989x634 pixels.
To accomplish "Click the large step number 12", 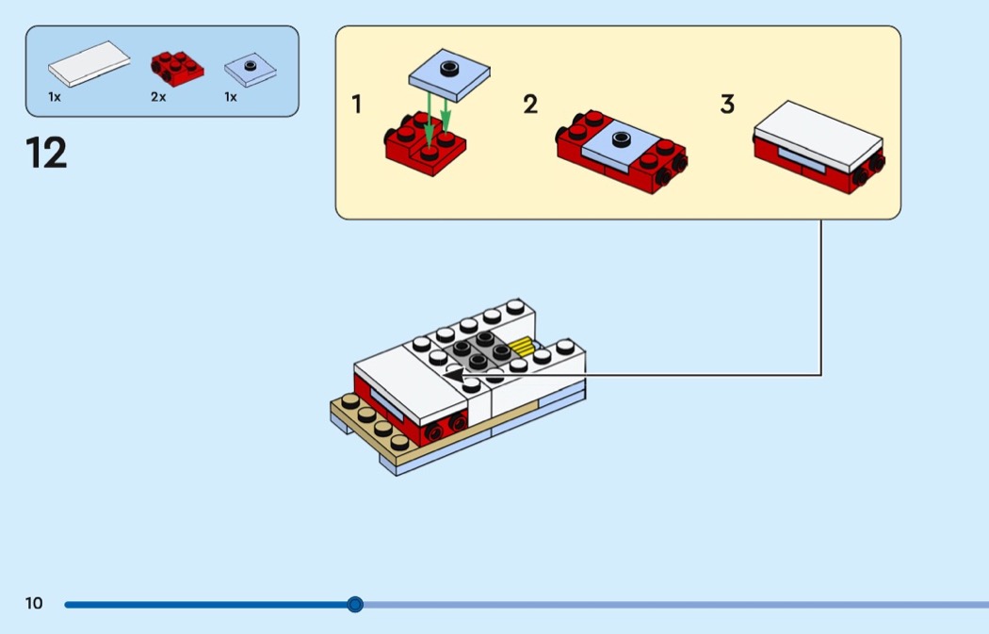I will click(x=47, y=153).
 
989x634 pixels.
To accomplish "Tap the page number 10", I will click(x=34, y=604).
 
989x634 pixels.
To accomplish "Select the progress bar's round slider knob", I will click(x=355, y=604).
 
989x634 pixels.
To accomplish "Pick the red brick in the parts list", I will click(x=177, y=65).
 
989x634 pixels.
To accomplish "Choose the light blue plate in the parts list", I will click(x=251, y=70).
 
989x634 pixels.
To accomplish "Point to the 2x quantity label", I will click(x=157, y=97).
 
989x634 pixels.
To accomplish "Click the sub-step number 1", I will click(x=357, y=106).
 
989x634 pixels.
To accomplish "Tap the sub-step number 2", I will click(x=530, y=106).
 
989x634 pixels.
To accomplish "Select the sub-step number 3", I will click(x=727, y=106).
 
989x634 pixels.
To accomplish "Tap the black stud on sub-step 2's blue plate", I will click(x=620, y=140).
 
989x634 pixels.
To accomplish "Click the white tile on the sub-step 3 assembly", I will click(x=818, y=134).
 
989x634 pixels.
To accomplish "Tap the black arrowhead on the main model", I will click(x=455, y=375).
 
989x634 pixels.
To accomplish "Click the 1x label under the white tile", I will click(x=55, y=97).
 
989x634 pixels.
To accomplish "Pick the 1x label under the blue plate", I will click(x=231, y=97).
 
